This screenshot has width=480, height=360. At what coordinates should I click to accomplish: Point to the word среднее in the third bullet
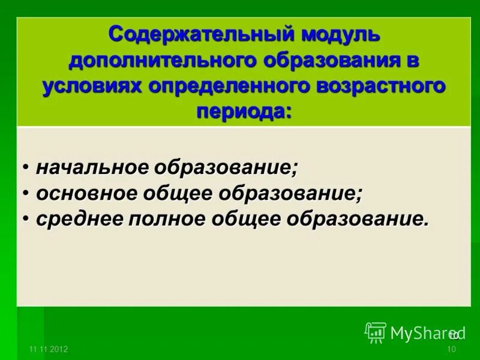(x=79, y=219)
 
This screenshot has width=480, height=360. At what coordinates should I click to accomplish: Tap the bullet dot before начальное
(x=28, y=167)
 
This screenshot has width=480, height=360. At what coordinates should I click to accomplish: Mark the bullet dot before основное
(x=28, y=193)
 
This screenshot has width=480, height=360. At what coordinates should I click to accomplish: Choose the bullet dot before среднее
(x=28, y=219)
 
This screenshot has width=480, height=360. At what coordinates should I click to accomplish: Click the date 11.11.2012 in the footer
(x=48, y=349)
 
